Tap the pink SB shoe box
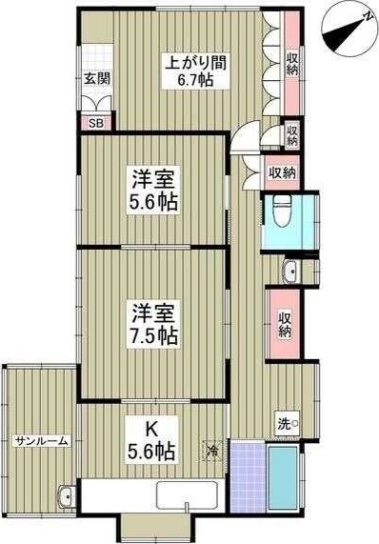point(95,122)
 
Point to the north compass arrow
point(345,28)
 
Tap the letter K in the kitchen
point(151,429)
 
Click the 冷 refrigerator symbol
point(213,449)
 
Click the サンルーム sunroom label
point(38,441)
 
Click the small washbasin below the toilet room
point(289,270)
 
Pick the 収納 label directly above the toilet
point(281,172)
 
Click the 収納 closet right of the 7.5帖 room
point(285,324)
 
